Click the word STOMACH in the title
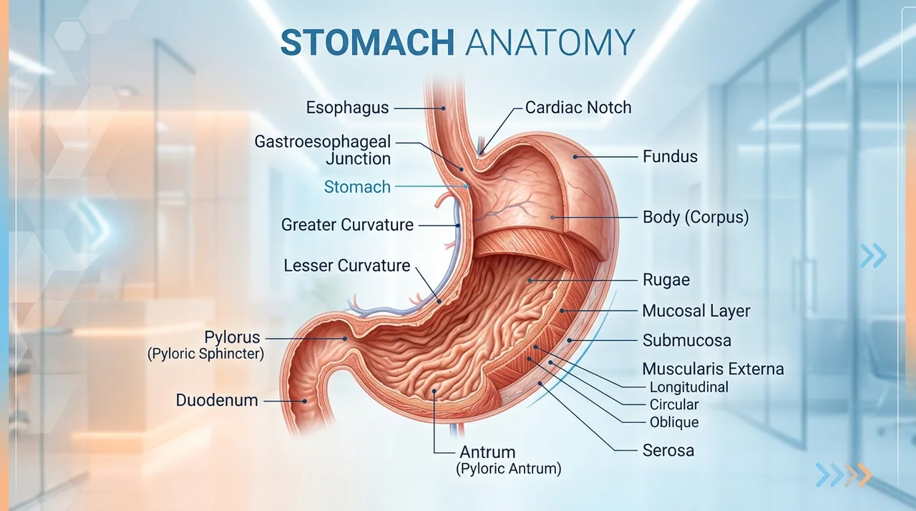pyautogui.click(x=367, y=42)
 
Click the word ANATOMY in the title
pyautogui.click(x=550, y=42)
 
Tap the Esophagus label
pyautogui.click(x=347, y=108)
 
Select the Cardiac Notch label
pyautogui.click(x=578, y=107)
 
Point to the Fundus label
pyautogui.click(x=670, y=157)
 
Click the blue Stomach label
pyautogui.click(x=357, y=187)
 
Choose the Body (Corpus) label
pyautogui.click(x=696, y=217)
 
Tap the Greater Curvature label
pyautogui.click(x=347, y=225)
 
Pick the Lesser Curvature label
pyautogui.click(x=347, y=266)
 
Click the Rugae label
pyautogui.click(x=666, y=280)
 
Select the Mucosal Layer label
pyautogui.click(x=696, y=311)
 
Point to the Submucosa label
pyautogui.click(x=686, y=341)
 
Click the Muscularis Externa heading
pyautogui.click(x=713, y=369)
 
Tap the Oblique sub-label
pyautogui.click(x=674, y=422)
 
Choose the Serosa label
pyautogui.click(x=668, y=450)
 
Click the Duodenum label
pyautogui.click(x=217, y=400)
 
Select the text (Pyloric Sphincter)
pyautogui.click(x=205, y=354)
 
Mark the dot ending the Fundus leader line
pyautogui.click(x=575, y=157)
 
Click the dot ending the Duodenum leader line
pyautogui.click(x=305, y=401)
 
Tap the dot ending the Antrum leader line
pyautogui.click(x=434, y=391)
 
